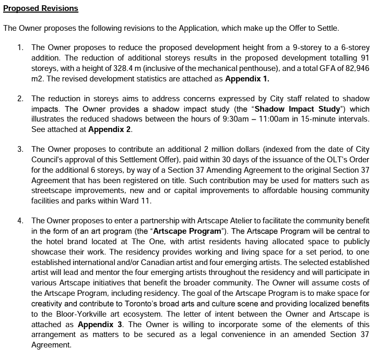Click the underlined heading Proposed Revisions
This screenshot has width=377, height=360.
coord(41,9)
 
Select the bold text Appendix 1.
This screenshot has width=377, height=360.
coord(247,79)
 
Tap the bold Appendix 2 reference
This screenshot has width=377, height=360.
coord(110,129)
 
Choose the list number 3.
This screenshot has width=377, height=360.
coord(20,150)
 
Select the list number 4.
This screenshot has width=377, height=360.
coord(20,221)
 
